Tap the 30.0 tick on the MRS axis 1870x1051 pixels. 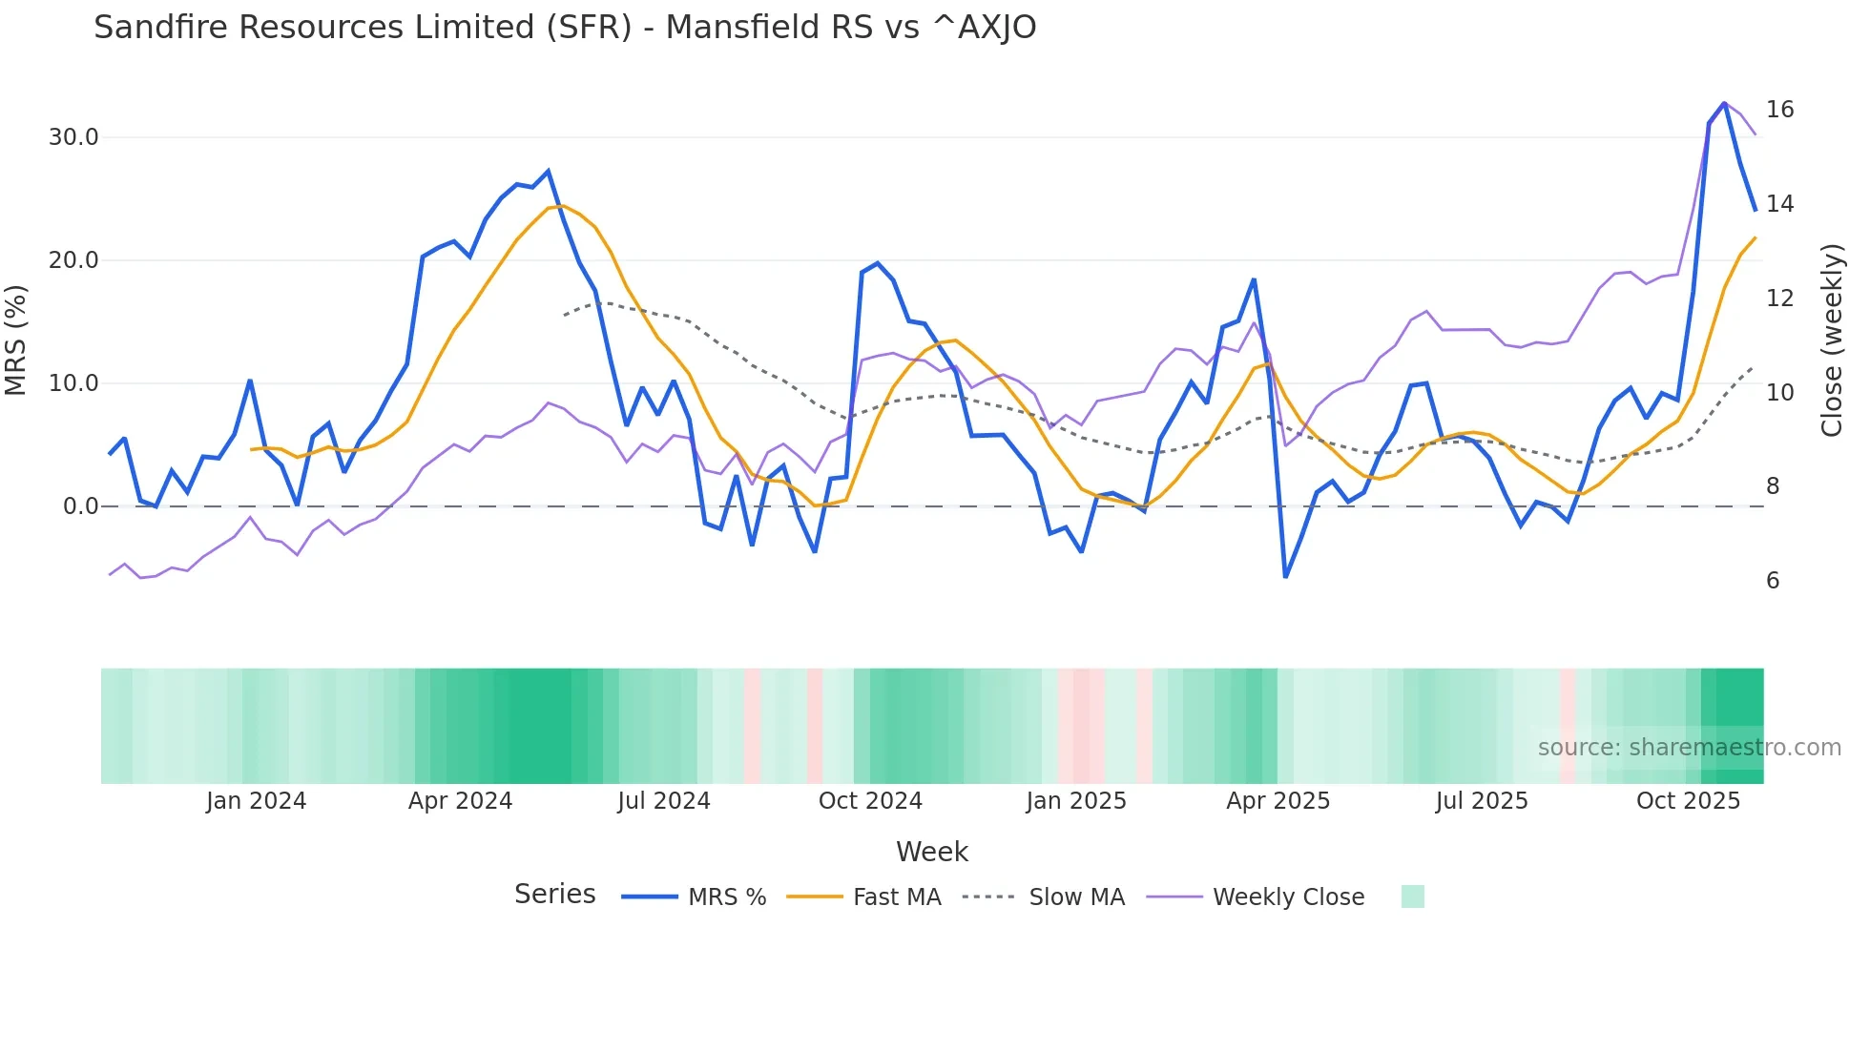[x=73, y=137]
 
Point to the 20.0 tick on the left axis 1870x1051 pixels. [x=73, y=260]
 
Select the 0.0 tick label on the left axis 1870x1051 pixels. [x=80, y=506]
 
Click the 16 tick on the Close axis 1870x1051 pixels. [x=1779, y=110]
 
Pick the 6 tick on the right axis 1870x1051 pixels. [x=1772, y=581]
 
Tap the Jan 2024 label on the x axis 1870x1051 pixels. [x=256, y=801]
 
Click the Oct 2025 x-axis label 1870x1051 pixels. [x=1688, y=801]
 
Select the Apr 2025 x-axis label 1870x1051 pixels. [x=1278, y=801]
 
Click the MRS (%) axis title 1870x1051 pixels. [x=16, y=340]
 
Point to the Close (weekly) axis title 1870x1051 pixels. [x=1832, y=340]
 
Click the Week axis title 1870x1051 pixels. [x=931, y=852]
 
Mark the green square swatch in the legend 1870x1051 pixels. [x=1412, y=896]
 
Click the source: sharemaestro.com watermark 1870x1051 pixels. [x=1689, y=748]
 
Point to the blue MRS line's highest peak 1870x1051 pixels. [x=1724, y=103]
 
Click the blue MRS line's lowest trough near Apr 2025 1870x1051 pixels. [x=1285, y=576]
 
